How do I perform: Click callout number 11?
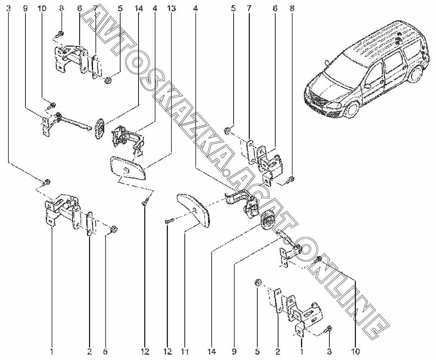tap(184, 351)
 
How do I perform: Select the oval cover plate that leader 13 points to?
tap(128, 169)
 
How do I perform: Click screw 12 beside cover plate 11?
tap(169, 221)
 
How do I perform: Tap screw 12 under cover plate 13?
tap(145, 204)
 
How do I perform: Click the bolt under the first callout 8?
tap(61, 34)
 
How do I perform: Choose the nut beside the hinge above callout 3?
tap(258, 283)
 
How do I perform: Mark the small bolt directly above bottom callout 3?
tap(330, 328)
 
